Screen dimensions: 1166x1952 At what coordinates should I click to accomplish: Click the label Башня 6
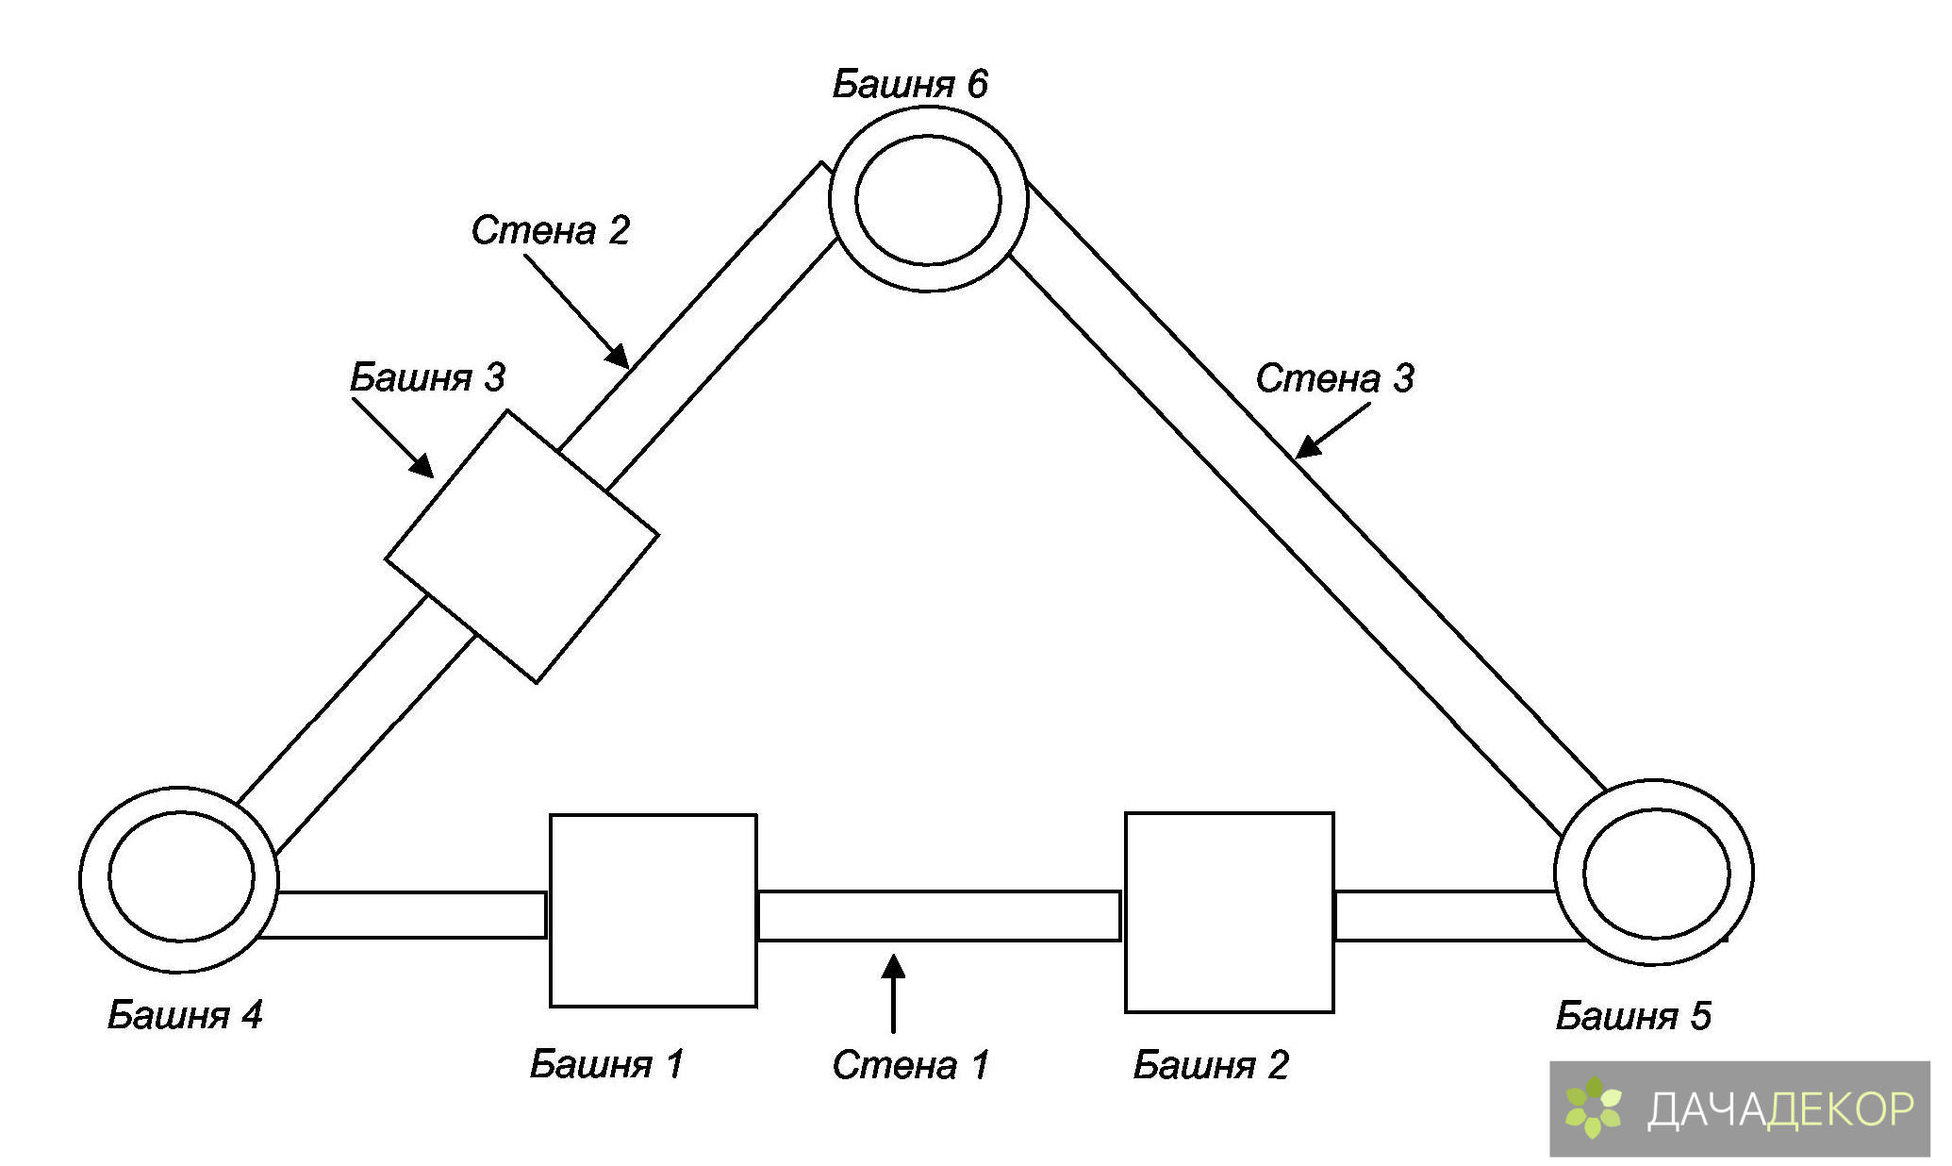(x=909, y=85)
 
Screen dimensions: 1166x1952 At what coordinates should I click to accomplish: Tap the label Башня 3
(x=427, y=377)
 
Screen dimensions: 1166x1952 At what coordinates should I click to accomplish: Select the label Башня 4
(x=184, y=1015)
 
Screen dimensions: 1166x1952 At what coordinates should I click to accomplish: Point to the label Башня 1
(x=605, y=1064)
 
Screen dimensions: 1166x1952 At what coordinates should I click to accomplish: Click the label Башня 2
(x=1210, y=1065)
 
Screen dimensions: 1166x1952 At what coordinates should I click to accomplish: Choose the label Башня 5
(x=1632, y=1016)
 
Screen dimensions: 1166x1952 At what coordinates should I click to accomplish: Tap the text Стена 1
(x=910, y=1065)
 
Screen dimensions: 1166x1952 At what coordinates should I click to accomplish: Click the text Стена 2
(x=550, y=230)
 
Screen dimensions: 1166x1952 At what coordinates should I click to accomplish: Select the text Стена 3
(x=1333, y=378)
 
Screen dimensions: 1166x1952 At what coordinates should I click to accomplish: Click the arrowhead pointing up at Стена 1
(x=893, y=967)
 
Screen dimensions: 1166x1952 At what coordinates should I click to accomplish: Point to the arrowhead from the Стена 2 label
(x=618, y=356)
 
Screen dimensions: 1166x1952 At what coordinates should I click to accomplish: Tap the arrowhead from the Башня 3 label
(x=422, y=466)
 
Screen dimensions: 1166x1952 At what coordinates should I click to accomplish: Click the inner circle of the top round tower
(x=928, y=200)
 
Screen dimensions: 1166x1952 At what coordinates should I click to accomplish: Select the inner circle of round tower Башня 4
(x=181, y=876)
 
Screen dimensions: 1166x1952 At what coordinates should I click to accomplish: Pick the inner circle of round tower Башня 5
(x=1656, y=873)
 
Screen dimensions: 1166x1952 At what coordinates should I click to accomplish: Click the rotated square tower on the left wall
(x=521, y=546)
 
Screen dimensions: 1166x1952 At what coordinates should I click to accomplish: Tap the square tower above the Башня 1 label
(x=653, y=910)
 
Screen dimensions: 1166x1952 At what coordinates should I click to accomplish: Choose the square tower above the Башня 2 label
(x=1229, y=912)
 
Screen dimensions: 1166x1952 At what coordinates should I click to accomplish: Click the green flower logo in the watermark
(x=1593, y=1108)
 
